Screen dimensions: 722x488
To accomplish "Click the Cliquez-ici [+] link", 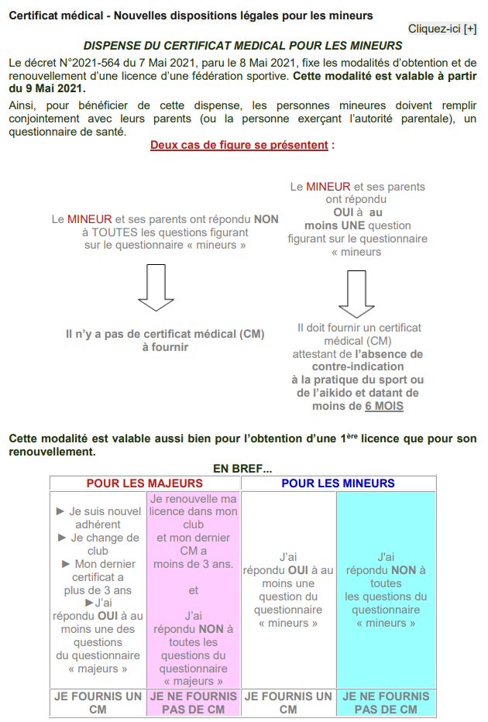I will tap(442, 29).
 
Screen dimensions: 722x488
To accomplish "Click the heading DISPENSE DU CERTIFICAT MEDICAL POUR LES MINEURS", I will tap(242, 46).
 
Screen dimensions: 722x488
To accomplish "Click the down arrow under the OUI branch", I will tap(357, 294).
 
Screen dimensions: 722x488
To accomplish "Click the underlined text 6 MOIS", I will tap(384, 406).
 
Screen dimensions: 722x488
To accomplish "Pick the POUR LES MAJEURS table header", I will tap(145, 483).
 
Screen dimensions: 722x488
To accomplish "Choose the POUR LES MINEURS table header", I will tap(338, 483).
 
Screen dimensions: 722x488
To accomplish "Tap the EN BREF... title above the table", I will tap(242, 469).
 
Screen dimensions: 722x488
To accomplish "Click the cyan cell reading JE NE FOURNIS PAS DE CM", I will tap(386, 703).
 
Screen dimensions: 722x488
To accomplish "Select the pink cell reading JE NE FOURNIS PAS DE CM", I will tap(194, 703).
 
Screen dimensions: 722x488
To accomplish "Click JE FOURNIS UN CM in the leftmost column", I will tap(98, 703).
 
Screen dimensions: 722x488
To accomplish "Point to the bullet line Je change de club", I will tap(99, 545).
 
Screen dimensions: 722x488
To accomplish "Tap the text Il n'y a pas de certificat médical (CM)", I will tap(165, 335).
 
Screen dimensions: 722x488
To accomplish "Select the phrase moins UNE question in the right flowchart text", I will tap(347, 225).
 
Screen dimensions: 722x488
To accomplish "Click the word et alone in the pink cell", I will tap(194, 590).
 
